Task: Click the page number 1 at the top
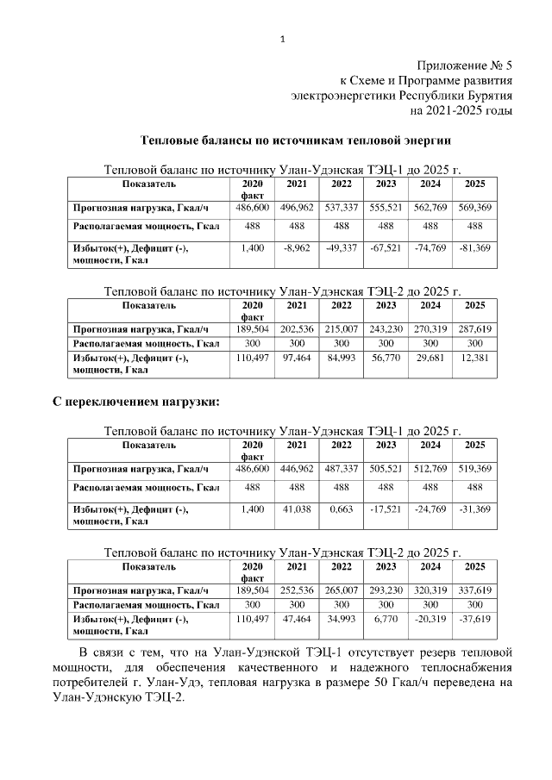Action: (x=282, y=38)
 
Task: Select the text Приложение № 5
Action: (x=464, y=66)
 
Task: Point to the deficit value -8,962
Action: (x=297, y=248)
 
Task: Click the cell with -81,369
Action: (x=474, y=248)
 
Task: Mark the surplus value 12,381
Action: (x=474, y=358)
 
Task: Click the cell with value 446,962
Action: (x=297, y=469)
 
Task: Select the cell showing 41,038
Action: (x=297, y=509)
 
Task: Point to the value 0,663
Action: (x=342, y=509)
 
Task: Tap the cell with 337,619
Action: (x=474, y=590)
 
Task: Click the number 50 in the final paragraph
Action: (x=380, y=683)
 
